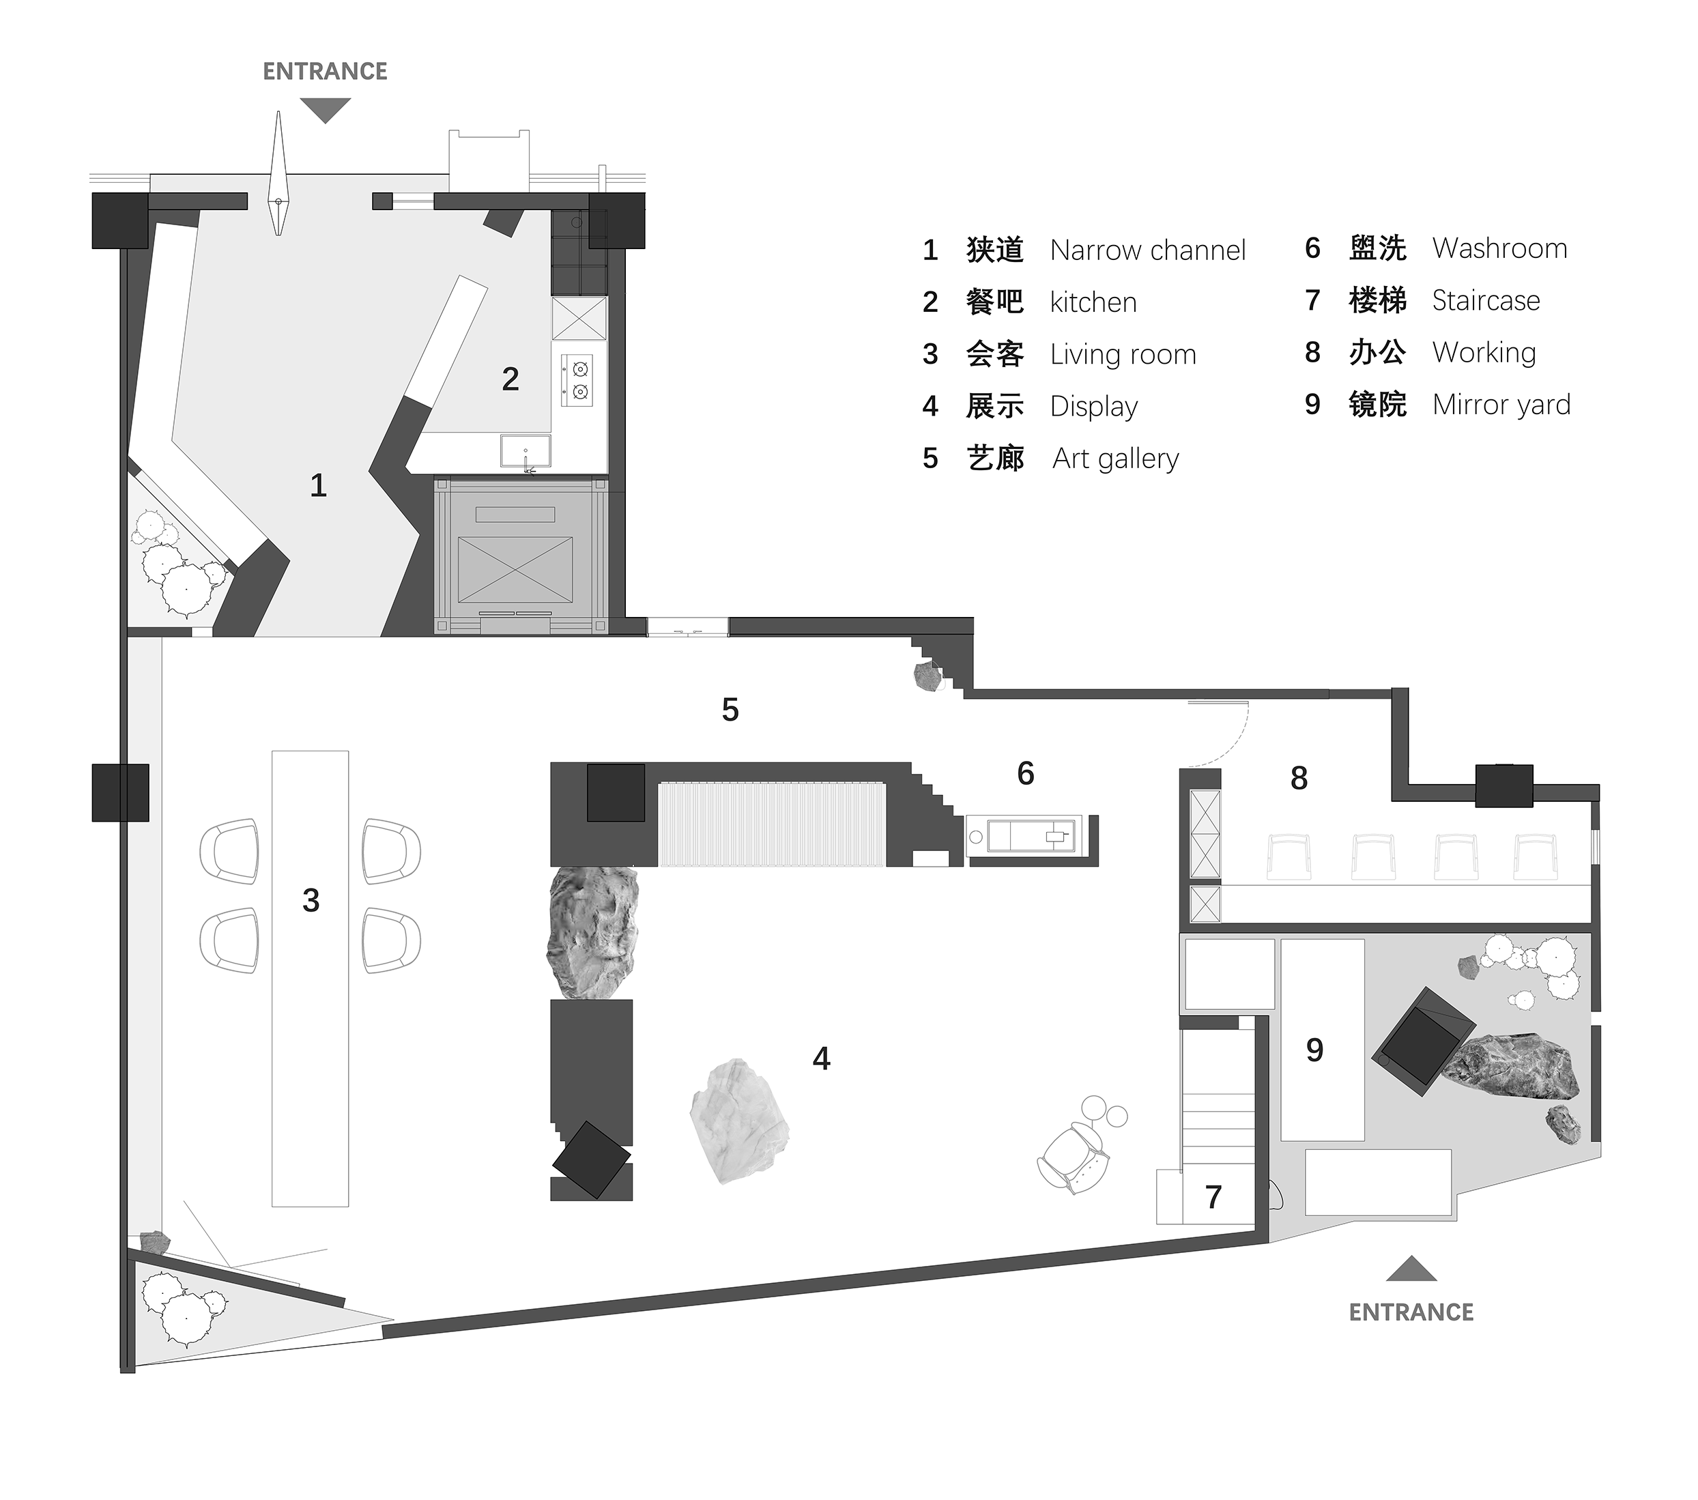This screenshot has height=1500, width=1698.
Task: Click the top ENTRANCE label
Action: pos(325,72)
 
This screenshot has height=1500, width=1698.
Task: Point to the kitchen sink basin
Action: pos(525,451)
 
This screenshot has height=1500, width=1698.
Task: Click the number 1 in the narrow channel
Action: pos(318,485)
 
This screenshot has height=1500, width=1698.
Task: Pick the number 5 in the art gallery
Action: pos(730,709)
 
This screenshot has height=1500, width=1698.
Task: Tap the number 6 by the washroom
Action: pos(1026,773)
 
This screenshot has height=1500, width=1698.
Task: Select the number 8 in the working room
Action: pos(1299,778)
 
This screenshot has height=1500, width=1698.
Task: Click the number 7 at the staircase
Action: pos(1213,1197)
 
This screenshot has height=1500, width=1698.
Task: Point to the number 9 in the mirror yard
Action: pos(1314,1050)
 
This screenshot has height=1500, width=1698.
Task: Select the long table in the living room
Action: pos(310,979)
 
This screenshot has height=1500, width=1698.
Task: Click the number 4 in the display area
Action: pos(821,1059)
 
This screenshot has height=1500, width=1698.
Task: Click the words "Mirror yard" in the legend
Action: pos(1501,405)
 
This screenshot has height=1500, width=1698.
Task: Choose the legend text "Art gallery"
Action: pos(1116,459)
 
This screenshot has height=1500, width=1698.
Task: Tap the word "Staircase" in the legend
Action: pos(1486,301)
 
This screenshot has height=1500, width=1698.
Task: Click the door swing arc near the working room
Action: pos(1234,742)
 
